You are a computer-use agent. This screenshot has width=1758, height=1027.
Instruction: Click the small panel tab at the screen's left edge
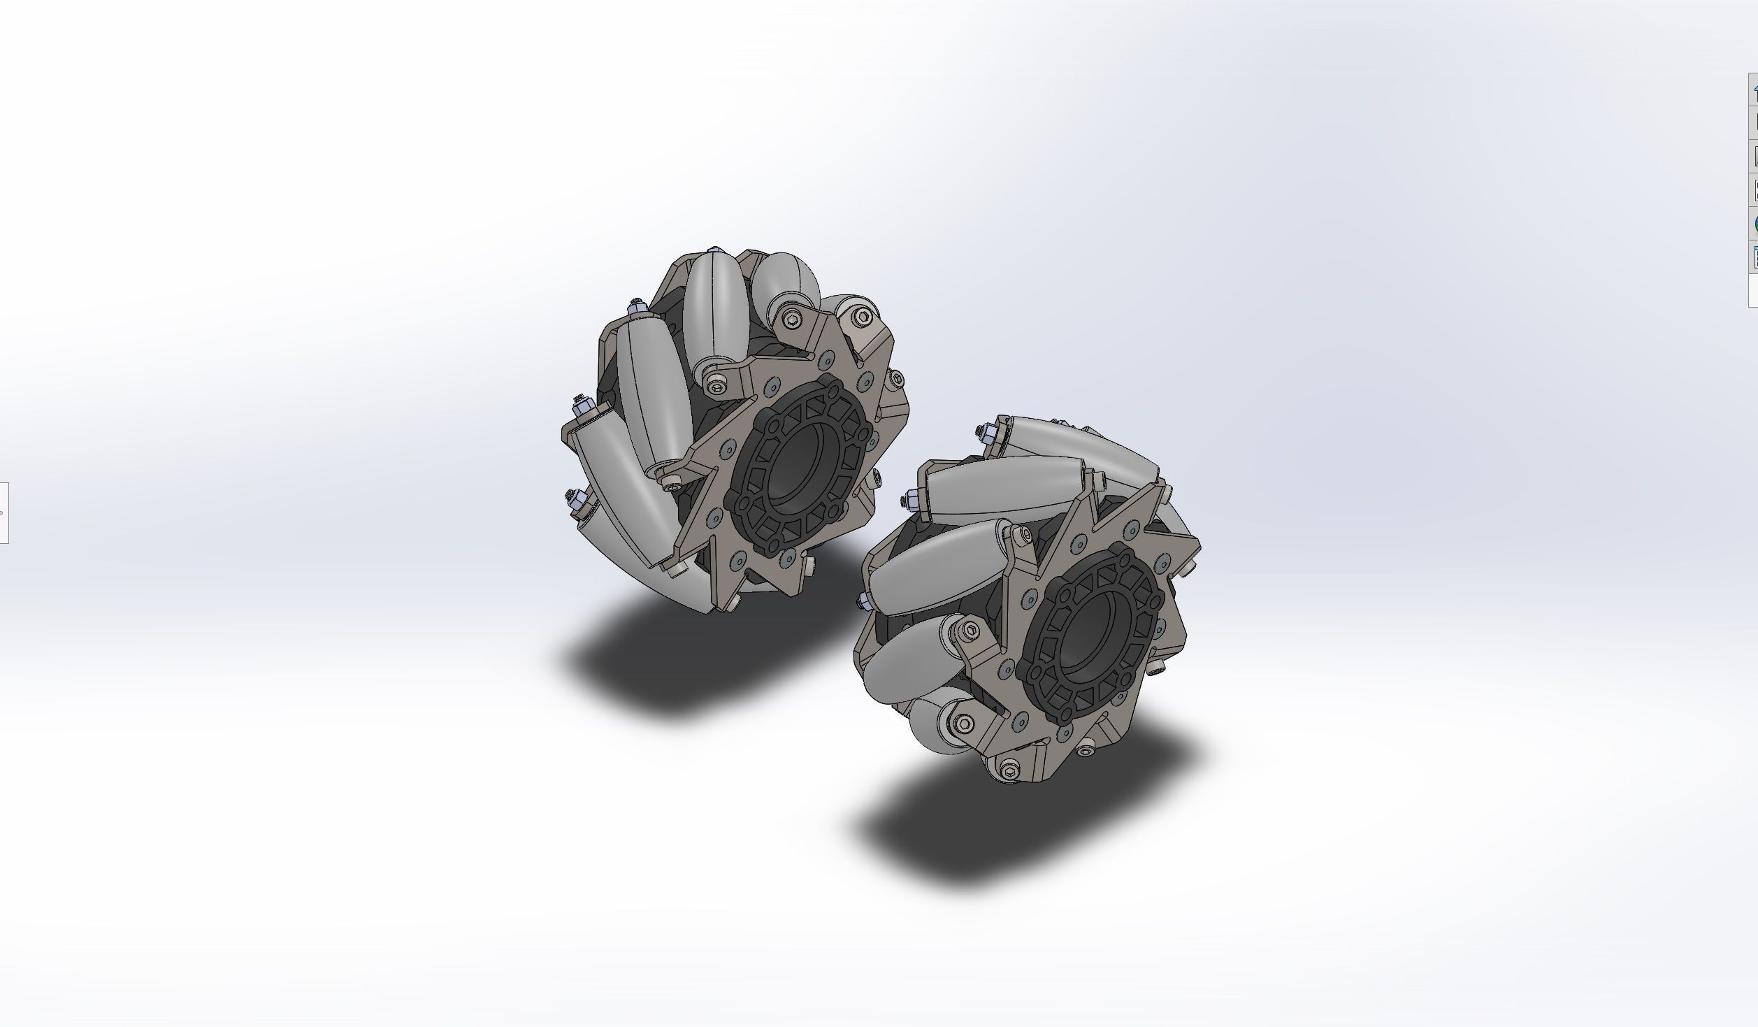coord(3,512)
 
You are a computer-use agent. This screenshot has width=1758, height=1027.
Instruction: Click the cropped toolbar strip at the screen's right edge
coord(1753,189)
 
